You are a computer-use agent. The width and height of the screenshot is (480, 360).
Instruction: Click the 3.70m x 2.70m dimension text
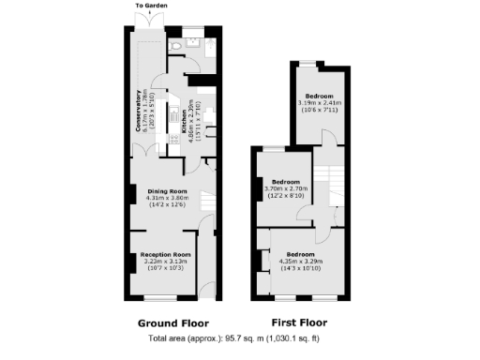click(x=285, y=188)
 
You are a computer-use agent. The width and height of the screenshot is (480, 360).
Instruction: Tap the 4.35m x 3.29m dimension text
click(x=300, y=262)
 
